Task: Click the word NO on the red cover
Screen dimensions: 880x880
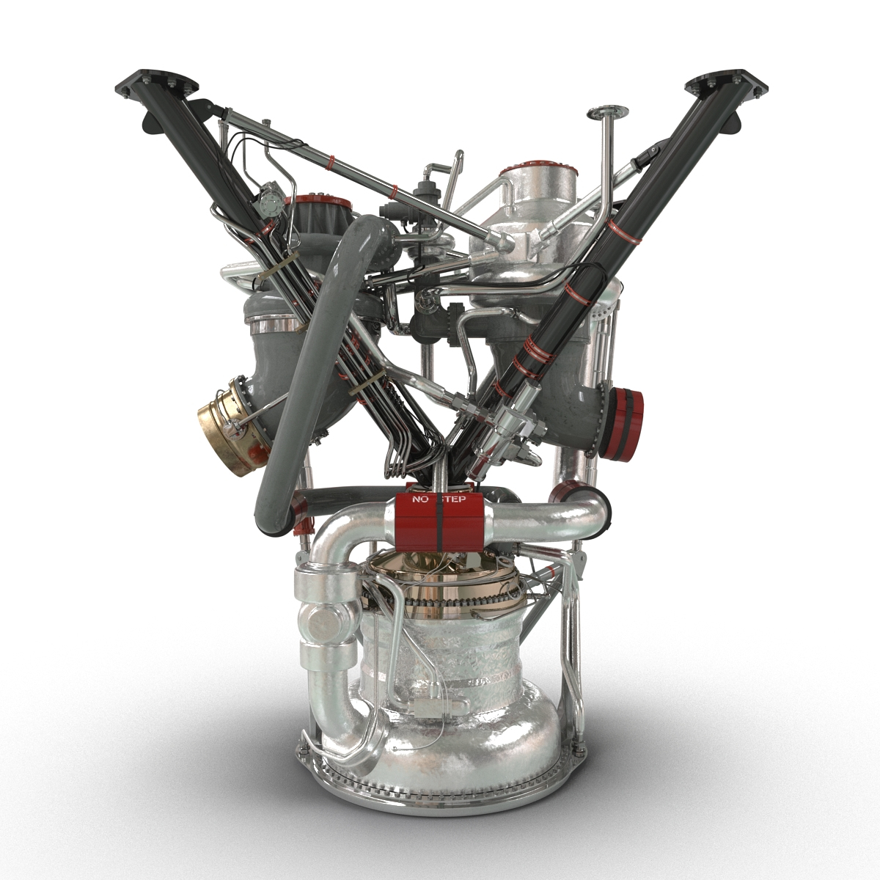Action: pos(420,499)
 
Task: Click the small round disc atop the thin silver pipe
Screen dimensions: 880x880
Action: pos(608,113)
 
